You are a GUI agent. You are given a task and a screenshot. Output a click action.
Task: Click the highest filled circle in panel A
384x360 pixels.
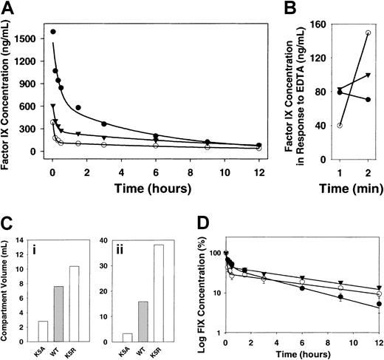(53, 32)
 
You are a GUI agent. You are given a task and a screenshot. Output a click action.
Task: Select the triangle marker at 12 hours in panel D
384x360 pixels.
(379, 288)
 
